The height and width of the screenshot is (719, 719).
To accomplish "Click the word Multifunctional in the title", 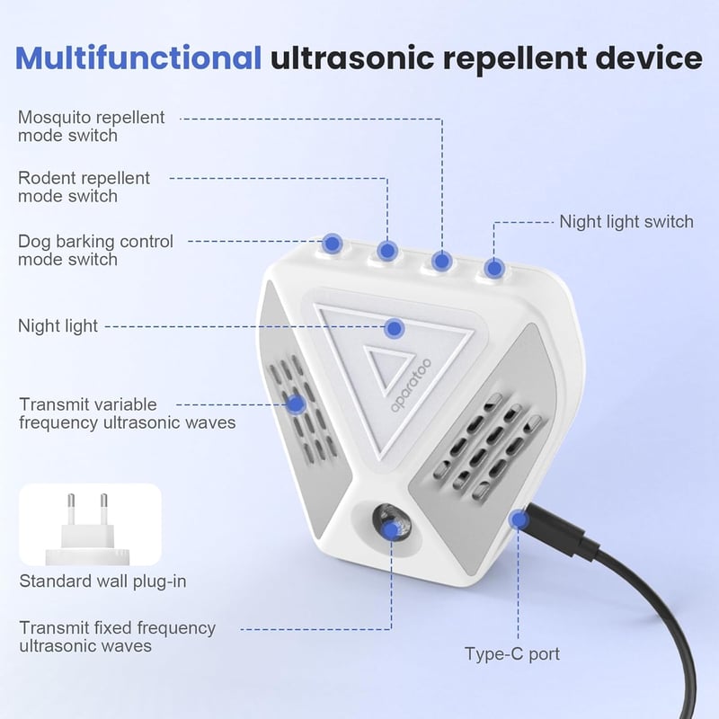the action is (138, 58).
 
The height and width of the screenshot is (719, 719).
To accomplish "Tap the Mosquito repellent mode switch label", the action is (91, 126).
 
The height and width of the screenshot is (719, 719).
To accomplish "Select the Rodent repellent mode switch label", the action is (84, 187).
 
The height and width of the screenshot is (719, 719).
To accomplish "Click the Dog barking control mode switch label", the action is (95, 251).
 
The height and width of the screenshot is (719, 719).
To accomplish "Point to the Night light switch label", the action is (626, 222).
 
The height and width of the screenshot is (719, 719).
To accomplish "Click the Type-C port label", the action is (512, 654).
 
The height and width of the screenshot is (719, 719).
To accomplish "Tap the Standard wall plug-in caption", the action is (102, 581).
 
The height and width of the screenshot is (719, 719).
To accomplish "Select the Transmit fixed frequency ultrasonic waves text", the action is (118, 636).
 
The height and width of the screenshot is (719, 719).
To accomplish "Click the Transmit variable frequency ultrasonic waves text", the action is (128, 413).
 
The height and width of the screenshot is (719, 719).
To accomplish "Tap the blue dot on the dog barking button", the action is (333, 244).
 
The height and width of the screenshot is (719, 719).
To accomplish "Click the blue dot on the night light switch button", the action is (493, 268).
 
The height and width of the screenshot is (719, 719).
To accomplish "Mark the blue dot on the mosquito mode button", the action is (441, 262).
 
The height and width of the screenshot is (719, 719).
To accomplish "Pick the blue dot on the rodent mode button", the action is (387, 251).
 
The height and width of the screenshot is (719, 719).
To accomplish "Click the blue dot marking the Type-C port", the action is (519, 520).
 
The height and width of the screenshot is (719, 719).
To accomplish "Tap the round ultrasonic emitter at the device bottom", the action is (391, 523).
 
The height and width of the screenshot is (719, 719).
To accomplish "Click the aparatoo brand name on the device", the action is (412, 386).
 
